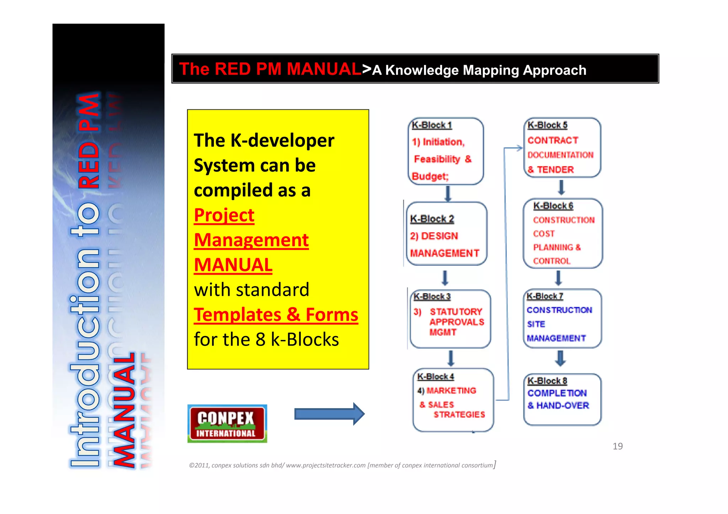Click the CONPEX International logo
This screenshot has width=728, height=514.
point(227,424)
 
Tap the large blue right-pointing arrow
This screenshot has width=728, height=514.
point(329,414)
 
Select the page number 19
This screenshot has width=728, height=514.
point(617,446)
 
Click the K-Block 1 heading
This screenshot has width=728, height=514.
point(432,125)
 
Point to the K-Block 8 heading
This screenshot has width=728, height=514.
point(547,381)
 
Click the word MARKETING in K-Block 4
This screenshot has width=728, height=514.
point(451,391)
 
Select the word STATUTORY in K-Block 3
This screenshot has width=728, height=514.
point(456,312)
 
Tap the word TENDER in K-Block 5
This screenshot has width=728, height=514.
point(555,170)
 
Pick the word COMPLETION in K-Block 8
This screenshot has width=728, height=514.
point(557,393)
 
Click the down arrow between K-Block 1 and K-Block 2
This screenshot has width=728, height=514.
point(448,194)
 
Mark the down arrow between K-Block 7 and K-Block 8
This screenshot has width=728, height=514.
point(560,358)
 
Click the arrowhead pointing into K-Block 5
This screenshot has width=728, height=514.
point(519,148)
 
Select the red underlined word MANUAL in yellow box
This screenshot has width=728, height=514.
point(233,265)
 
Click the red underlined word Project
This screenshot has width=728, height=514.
point(224,215)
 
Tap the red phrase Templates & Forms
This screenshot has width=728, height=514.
point(276,315)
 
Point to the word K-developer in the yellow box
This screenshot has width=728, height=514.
point(282,140)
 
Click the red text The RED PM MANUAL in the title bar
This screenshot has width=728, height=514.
point(270,69)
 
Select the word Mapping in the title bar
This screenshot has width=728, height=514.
point(491,70)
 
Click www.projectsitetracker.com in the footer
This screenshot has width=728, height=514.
point(326,465)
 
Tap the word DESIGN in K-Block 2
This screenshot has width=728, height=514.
point(440,236)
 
